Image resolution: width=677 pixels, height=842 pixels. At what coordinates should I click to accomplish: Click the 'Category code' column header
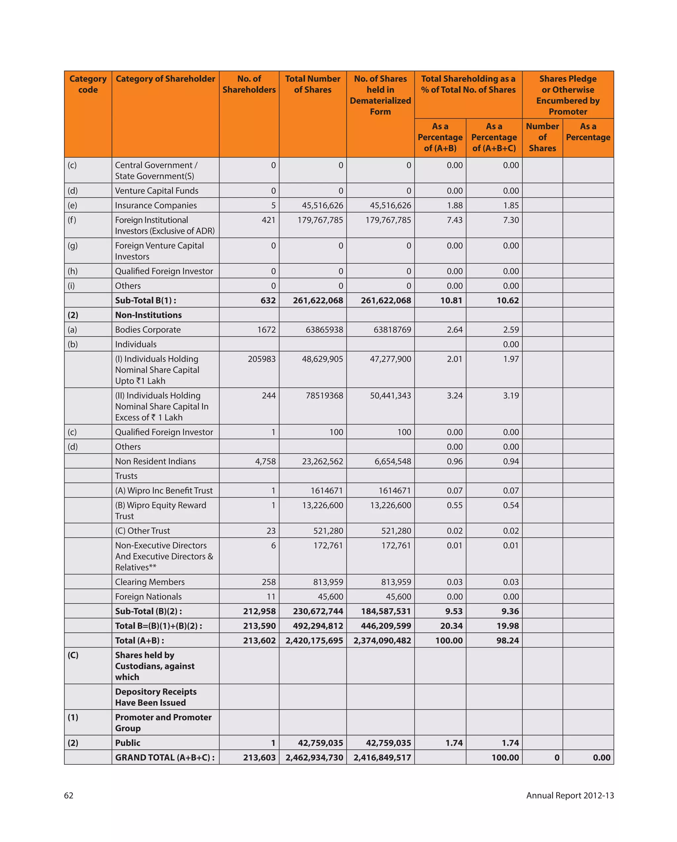(88, 84)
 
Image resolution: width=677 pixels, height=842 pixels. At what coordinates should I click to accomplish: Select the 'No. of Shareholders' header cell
(249, 84)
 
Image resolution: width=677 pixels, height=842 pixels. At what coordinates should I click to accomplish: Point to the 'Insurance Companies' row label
(156, 205)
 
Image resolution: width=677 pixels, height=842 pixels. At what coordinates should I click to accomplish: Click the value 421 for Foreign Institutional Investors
(269, 220)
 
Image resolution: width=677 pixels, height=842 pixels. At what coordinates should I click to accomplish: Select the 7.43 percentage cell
(455, 220)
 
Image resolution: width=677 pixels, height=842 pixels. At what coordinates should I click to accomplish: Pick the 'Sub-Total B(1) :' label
(146, 300)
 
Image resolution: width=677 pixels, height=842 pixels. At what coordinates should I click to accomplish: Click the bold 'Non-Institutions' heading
(148, 315)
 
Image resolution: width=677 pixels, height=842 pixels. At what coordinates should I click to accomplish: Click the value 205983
(261, 359)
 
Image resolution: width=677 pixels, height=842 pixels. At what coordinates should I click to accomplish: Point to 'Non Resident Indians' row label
(155, 461)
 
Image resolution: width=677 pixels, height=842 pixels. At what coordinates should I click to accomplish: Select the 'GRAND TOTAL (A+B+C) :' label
(165, 758)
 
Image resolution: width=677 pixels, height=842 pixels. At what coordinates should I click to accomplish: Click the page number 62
(69, 795)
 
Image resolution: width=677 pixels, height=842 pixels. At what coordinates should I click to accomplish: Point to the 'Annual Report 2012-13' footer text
(570, 795)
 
